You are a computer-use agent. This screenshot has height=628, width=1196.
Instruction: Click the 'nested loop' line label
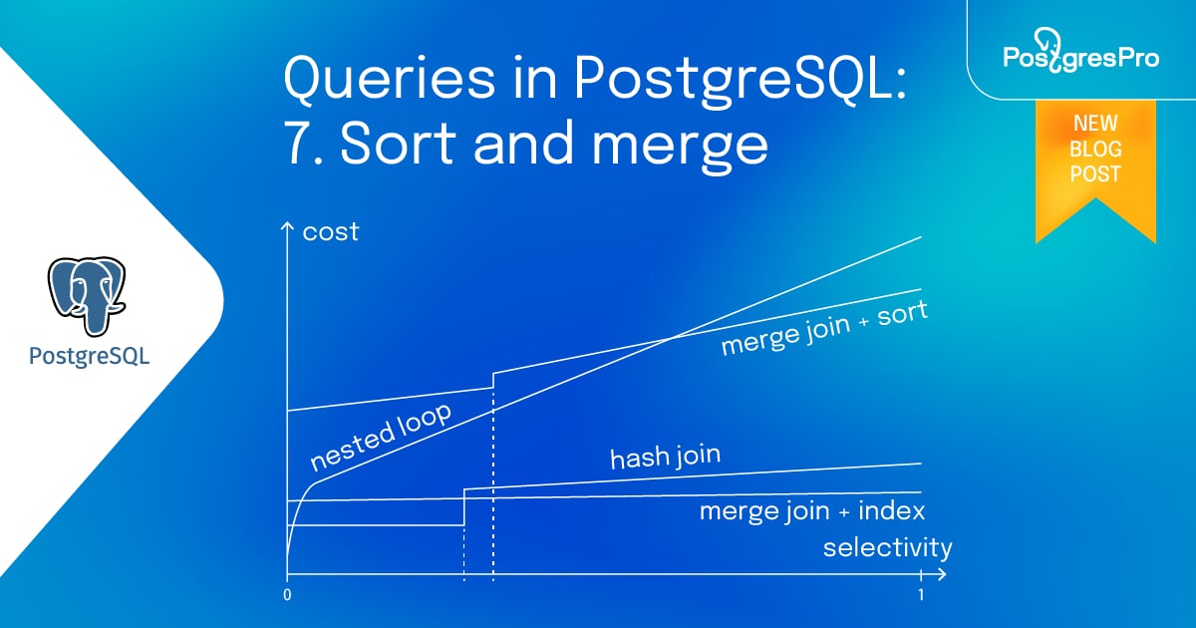(x=380, y=437)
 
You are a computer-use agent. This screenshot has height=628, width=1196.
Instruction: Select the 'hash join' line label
(x=665, y=458)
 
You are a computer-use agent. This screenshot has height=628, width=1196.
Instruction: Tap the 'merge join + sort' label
(x=823, y=328)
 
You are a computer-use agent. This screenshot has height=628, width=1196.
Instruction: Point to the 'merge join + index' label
(x=811, y=511)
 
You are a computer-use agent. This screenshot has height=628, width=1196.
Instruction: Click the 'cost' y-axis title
(x=330, y=232)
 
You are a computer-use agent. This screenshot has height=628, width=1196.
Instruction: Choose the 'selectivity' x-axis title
(x=887, y=547)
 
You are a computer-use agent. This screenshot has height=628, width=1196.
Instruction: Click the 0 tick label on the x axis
(x=287, y=595)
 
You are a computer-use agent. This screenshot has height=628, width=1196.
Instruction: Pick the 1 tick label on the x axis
(x=921, y=595)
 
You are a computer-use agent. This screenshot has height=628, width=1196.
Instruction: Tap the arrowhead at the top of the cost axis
(x=287, y=226)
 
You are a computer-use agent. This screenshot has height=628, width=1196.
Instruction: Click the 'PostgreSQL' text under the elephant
(x=90, y=356)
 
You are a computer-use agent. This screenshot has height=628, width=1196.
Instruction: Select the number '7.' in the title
(x=304, y=145)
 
